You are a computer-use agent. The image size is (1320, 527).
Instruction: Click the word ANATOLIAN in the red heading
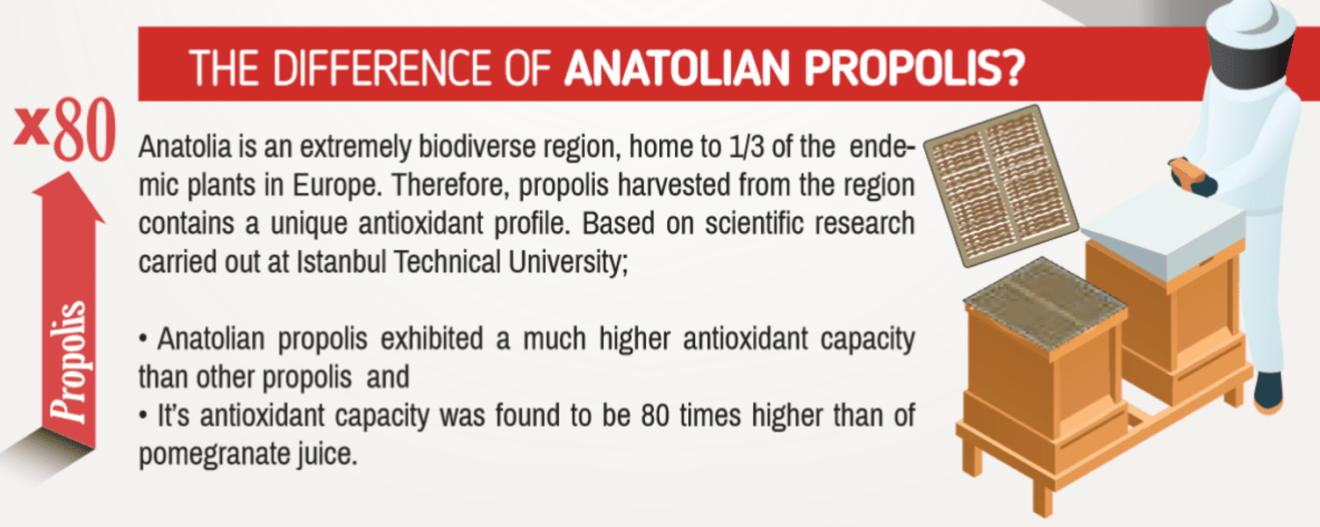(677, 68)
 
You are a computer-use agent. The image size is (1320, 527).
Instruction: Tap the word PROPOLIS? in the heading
(915, 68)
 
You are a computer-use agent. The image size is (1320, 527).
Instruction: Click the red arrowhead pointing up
(69, 198)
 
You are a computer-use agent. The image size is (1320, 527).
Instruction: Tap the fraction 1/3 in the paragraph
(746, 147)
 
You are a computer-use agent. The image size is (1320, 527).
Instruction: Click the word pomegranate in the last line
(213, 455)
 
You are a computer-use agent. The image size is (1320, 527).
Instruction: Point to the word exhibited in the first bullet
(432, 339)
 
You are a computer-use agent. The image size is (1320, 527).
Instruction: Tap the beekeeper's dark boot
(1269, 392)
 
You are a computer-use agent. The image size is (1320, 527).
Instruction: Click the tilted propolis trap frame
(1001, 185)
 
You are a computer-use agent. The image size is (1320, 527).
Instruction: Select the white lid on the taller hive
(1164, 230)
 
